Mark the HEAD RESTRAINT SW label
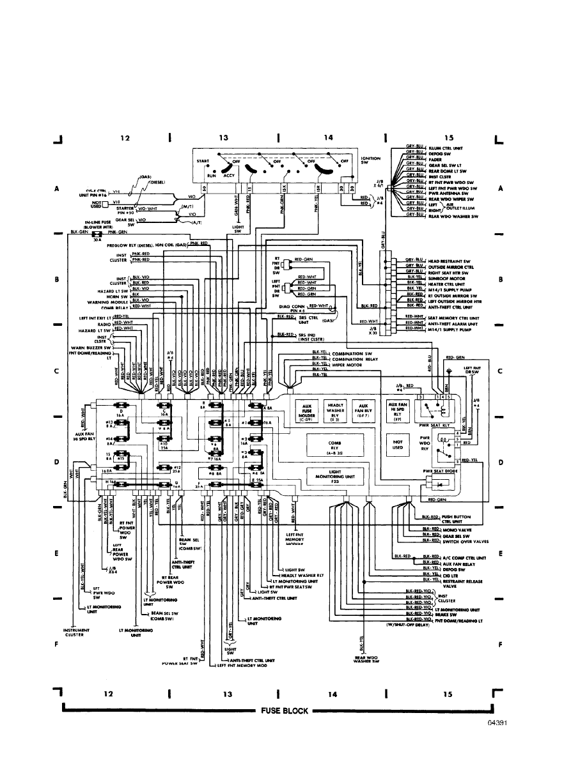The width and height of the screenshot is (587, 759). click(x=450, y=261)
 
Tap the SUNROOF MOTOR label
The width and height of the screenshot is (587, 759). click(x=446, y=279)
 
